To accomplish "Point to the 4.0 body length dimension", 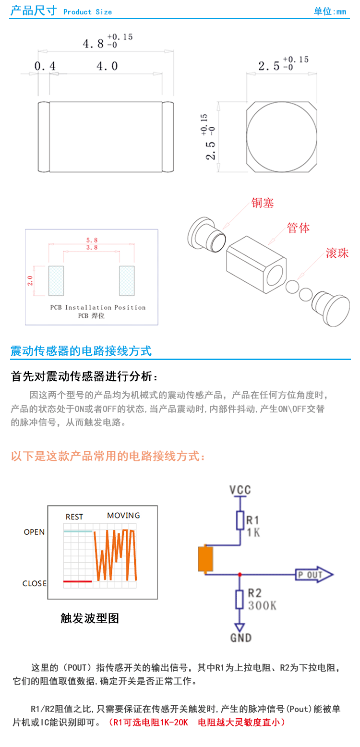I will tap(107, 66).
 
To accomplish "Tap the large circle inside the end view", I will tap(282, 137).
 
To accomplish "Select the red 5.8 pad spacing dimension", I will tap(92, 240).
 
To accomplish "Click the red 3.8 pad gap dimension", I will tap(92, 248).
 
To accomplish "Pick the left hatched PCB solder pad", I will tap(56, 281).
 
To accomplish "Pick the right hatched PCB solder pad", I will tap(127, 281).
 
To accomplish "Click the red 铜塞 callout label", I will tap(263, 203).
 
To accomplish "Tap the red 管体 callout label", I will tap(298, 228).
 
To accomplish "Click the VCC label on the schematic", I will tap(240, 490).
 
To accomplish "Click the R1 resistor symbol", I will tap(240, 520).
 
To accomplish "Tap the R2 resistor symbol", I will tap(240, 600).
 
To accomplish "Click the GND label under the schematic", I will tap(240, 638).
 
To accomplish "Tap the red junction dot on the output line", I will tap(240, 574).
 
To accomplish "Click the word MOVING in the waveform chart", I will tap(123, 516).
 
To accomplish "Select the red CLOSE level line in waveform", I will tap(78, 581).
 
